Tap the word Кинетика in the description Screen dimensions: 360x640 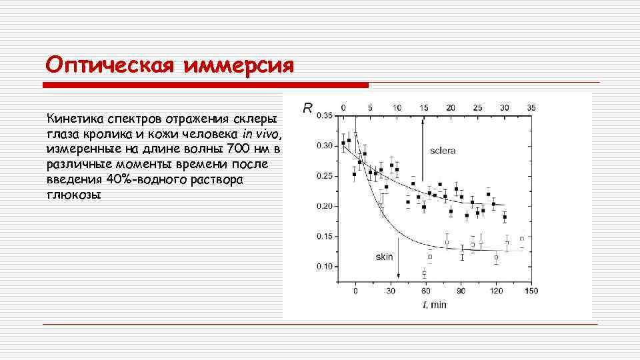pos(71,119)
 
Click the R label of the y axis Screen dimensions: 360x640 pos(307,107)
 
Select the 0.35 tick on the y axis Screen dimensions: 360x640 pos(324,116)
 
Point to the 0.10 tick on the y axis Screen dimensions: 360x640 pos(324,267)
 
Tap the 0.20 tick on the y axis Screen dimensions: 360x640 pos(324,206)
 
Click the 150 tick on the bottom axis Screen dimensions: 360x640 pos(531,291)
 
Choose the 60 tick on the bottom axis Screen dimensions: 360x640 pos(426,291)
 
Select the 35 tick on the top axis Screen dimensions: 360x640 pos(531,107)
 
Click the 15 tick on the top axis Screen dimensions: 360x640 pos(424,107)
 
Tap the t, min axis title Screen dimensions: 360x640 pos(434,305)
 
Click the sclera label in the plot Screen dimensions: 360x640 pos(443,151)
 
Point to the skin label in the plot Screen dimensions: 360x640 pos(385,255)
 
